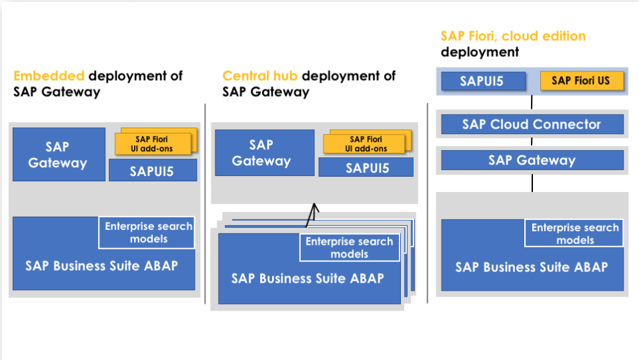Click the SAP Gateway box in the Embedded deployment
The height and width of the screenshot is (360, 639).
tap(58, 154)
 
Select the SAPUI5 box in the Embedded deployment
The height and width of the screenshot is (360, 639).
tap(153, 170)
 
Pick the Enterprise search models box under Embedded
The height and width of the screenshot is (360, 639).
tap(148, 233)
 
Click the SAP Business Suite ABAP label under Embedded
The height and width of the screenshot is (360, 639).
tap(101, 265)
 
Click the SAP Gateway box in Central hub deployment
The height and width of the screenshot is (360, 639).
tap(261, 153)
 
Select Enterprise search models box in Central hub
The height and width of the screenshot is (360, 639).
tap(350, 247)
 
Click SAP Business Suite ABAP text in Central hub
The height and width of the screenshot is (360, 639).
tap(307, 278)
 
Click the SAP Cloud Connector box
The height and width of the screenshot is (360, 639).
tap(532, 124)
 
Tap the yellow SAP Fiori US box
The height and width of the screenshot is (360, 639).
tap(581, 81)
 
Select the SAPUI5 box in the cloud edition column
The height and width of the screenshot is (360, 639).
tap(482, 81)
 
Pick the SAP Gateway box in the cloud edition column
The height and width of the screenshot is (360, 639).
tap(532, 160)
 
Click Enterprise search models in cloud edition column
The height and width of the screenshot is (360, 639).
tap(574, 233)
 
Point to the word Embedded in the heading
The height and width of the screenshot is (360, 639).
tap(49, 76)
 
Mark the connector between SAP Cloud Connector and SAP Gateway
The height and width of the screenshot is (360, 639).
tap(532, 142)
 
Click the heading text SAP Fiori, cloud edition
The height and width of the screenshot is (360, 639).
tap(513, 36)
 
